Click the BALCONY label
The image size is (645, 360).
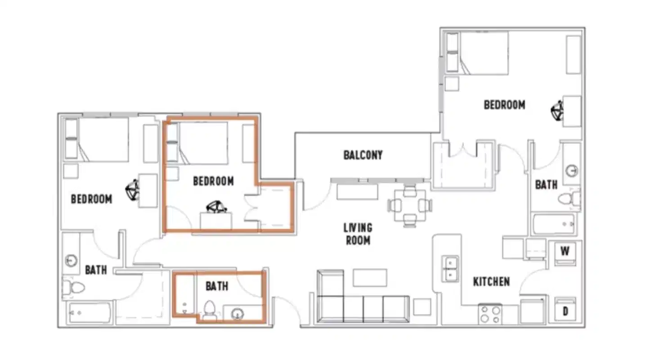click(363, 155)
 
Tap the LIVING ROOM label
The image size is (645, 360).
click(358, 234)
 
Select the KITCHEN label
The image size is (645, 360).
click(491, 282)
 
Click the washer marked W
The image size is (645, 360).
click(564, 252)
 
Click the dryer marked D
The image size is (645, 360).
click(564, 310)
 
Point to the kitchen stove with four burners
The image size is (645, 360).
click(490, 314)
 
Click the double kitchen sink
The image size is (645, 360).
click(450, 269)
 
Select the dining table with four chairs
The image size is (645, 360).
click(410, 206)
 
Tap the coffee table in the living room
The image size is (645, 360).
click(370, 278)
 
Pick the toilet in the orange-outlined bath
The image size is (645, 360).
click(210, 310)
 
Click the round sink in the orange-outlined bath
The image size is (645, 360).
click(237, 314)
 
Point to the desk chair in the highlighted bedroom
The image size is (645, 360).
click(216, 207)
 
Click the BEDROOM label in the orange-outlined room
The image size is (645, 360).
click(213, 181)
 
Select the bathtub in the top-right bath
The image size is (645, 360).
click(553, 224)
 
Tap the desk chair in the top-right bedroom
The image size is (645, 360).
click(557, 110)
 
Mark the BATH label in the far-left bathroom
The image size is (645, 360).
click(96, 270)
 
